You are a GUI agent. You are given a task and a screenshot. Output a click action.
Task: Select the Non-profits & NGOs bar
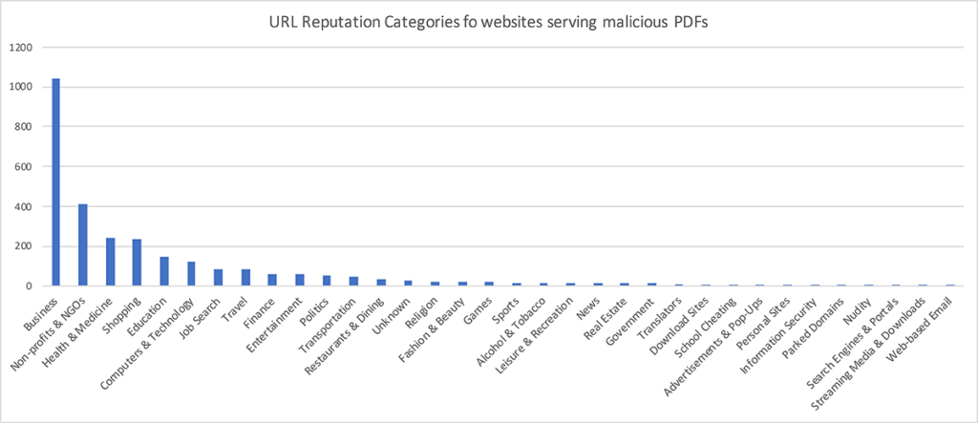(x=83, y=244)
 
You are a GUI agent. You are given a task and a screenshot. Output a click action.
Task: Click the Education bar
(x=164, y=271)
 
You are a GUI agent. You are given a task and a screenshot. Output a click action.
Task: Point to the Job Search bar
(x=218, y=278)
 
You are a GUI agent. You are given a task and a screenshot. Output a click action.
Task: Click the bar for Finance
(x=272, y=280)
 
